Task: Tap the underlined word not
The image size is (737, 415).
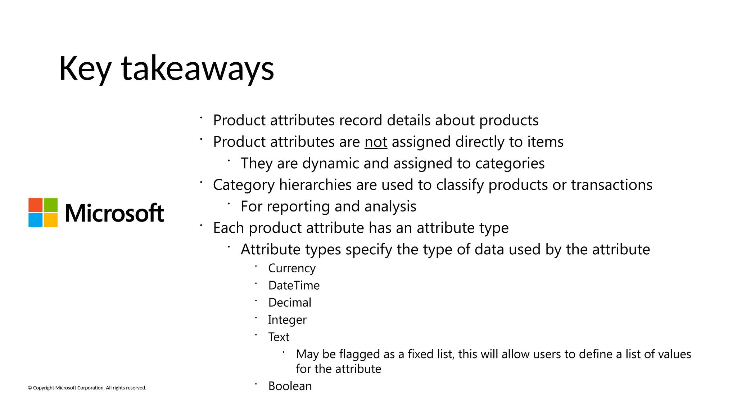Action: pyautogui.click(x=376, y=142)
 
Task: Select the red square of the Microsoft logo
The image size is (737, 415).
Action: pyautogui.click(x=36, y=205)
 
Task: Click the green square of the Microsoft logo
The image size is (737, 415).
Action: pyautogui.click(x=51, y=205)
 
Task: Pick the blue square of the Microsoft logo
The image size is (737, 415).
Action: pyautogui.click(x=36, y=220)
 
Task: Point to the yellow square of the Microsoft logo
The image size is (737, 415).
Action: pyautogui.click(x=51, y=220)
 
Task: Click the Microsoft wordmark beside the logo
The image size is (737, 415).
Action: pyautogui.click(x=114, y=213)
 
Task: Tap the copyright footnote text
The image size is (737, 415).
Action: pyautogui.click(x=87, y=388)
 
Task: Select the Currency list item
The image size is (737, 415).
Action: pyautogui.click(x=292, y=268)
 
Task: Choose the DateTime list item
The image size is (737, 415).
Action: pyautogui.click(x=294, y=286)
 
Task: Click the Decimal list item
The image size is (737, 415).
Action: pyautogui.click(x=290, y=303)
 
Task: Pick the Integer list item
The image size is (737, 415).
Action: pyautogui.click(x=287, y=320)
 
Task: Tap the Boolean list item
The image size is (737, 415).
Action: pyautogui.click(x=290, y=386)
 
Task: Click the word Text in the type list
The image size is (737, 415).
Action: pyautogui.click(x=279, y=337)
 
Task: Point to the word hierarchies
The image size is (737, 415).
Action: pyautogui.click(x=315, y=185)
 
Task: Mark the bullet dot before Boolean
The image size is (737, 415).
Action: pyautogui.click(x=256, y=384)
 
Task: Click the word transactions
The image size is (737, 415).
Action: pyautogui.click(x=611, y=185)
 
